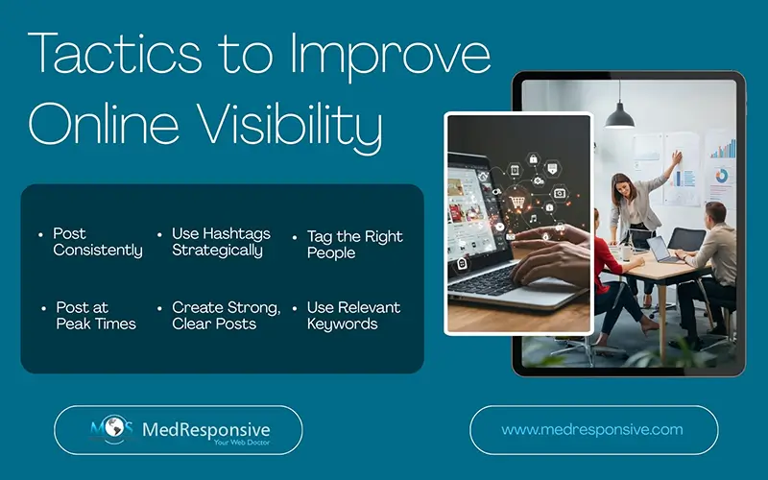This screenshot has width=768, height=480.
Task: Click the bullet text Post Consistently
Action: click(97, 242)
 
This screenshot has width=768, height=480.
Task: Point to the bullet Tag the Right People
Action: click(354, 244)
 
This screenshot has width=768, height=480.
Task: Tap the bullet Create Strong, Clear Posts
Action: click(226, 316)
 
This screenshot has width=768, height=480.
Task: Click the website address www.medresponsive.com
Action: click(592, 430)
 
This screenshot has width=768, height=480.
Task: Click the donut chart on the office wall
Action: click(720, 177)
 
